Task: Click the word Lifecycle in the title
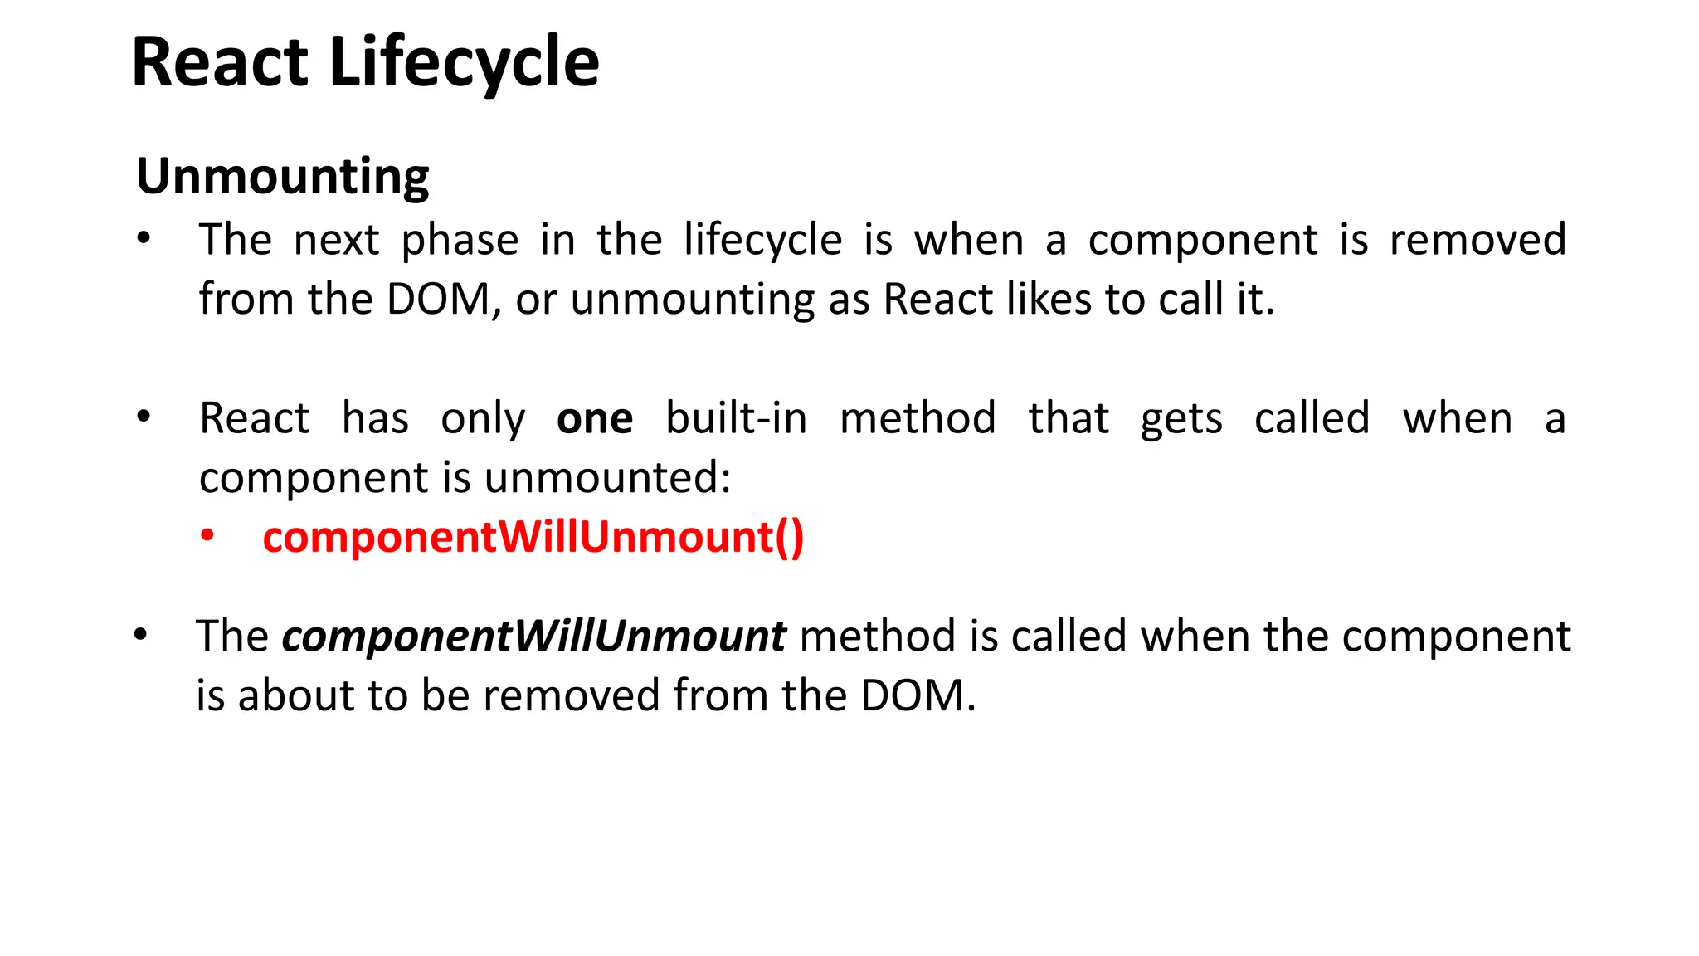pos(464,64)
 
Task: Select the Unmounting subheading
pos(282,177)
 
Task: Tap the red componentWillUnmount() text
pos(533,538)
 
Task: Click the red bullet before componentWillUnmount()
pos(207,536)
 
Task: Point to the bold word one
pos(595,418)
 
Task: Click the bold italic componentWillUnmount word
pos(533,637)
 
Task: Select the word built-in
pos(736,418)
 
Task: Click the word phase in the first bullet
pos(460,241)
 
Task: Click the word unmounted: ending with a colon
pos(607,478)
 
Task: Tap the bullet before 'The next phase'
pos(144,239)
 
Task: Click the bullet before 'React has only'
pos(144,417)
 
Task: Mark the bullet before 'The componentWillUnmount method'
pos(141,636)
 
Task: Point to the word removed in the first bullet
pos(1477,241)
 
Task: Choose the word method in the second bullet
pos(918,418)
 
